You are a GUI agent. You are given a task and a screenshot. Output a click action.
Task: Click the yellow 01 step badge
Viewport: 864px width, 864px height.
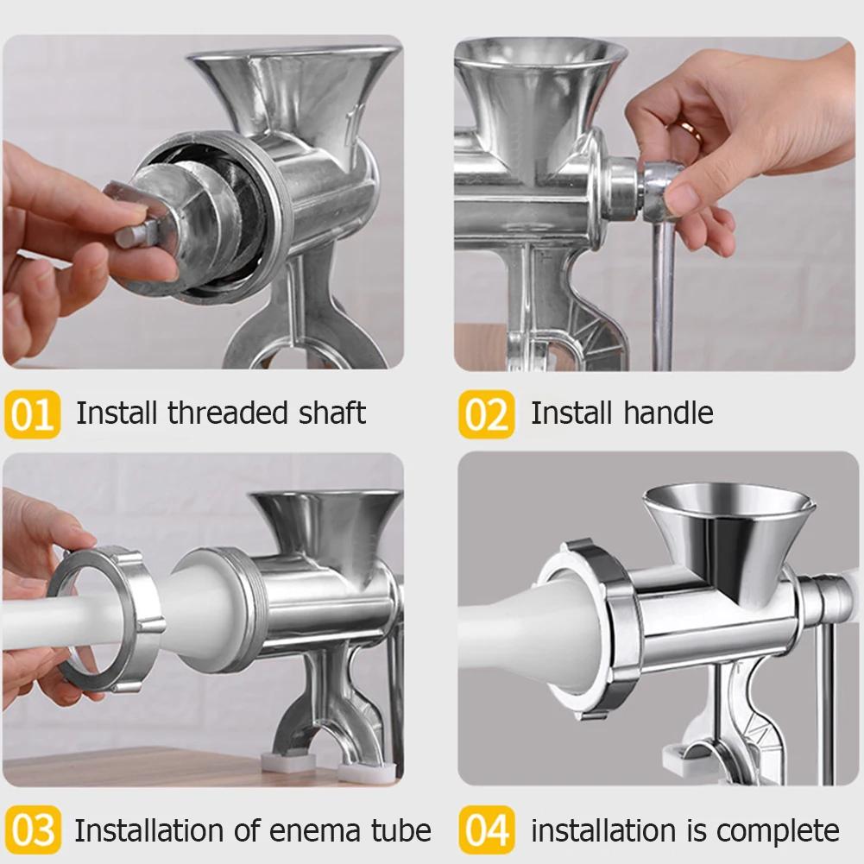click(32, 413)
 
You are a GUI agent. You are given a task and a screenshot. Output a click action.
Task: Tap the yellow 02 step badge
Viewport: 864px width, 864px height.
click(486, 413)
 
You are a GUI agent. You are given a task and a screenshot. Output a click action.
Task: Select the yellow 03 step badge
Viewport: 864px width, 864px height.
click(32, 831)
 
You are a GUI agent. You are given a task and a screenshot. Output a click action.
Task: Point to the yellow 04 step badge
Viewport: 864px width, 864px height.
click(486, 831)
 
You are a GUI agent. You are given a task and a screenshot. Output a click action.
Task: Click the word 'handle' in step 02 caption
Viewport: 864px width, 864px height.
click(671, 413)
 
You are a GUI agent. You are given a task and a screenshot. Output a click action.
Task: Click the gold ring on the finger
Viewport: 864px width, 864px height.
click(691, 129)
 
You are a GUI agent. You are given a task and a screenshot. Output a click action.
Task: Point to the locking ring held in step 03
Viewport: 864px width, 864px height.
click(106, 617)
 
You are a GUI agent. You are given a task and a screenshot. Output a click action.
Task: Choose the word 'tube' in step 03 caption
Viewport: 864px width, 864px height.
click(400, 831)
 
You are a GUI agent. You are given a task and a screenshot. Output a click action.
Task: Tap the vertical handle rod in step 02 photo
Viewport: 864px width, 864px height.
click(662, 293)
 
